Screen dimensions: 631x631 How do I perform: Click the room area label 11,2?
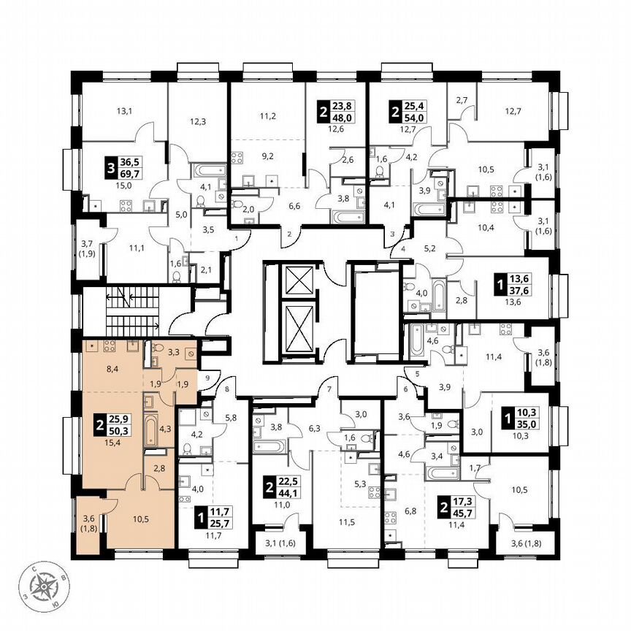click(x=267, y=115)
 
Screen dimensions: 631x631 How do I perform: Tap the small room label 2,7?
click(x=461, y=100)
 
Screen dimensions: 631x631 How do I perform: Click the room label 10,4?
click(x=484, y=229)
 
